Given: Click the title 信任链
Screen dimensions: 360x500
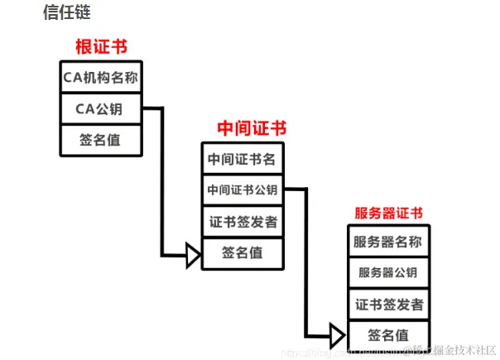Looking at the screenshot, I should (66, 12).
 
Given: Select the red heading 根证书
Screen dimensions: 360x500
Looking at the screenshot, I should (101, 46).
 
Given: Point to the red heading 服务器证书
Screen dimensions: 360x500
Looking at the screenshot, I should (388, 213).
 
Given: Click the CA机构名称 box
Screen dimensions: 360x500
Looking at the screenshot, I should (101, 78).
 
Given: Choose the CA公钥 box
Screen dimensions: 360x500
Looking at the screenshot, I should (101, 109).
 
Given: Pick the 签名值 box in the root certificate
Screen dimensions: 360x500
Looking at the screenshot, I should (101, 140).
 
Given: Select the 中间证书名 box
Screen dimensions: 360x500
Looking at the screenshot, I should (242, 158).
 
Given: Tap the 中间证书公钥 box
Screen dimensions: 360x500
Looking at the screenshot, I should (242, 190).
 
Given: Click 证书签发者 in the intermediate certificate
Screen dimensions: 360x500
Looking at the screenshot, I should (242, 222).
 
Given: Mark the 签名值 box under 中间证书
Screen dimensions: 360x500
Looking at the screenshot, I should (242, 253).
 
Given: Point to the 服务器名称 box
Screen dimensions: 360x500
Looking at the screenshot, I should (387, 242).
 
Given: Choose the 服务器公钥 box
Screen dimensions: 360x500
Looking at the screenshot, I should (387, 273).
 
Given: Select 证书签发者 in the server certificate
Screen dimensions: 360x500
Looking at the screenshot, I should (387, 304).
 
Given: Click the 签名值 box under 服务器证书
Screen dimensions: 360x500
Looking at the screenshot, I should (387, 334).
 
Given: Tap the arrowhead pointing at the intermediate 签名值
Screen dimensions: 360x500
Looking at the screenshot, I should (193, 255).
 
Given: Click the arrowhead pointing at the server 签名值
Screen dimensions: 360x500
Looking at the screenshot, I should (337, 335).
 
